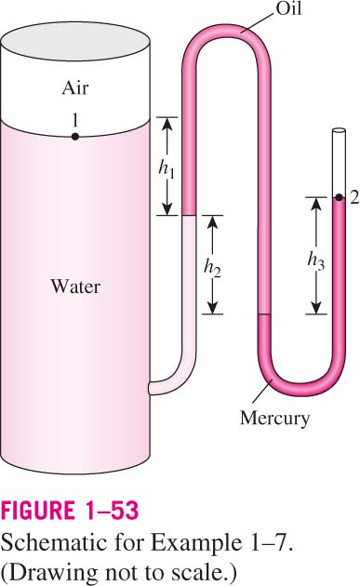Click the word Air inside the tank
75,88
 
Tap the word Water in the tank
75,286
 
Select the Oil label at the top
287,7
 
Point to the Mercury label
274,419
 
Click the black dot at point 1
75,137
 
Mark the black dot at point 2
339,197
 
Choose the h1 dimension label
167,170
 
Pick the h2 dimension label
212,268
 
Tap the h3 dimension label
316,260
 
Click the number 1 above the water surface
75,120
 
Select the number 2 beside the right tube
354,198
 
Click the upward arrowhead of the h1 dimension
167,124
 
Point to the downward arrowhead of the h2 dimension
212,308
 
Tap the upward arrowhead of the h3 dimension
316,204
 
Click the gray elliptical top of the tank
75,40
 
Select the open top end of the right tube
339,131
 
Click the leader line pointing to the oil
257,22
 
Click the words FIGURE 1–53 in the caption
70,511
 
